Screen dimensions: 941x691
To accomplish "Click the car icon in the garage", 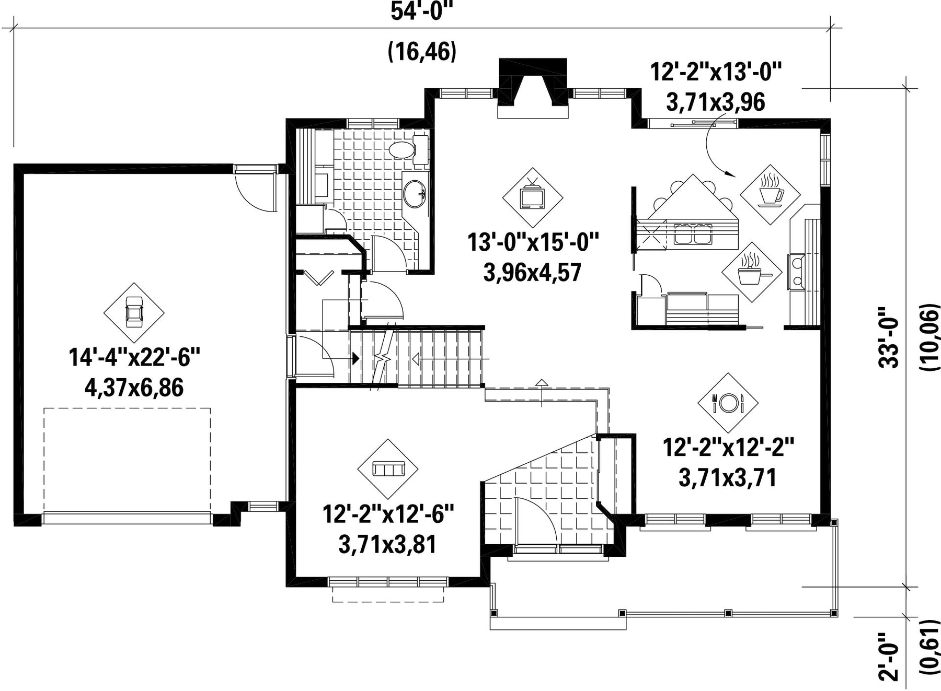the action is click(x=134, y=312).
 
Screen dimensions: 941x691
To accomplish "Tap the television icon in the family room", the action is click(x=533, y=196).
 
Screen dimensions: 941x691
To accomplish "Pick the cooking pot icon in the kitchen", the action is click(x=751, y=272).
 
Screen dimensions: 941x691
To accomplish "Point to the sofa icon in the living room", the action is click(x=387, y=469).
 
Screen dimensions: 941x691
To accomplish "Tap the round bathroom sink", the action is click(x=415, y=194).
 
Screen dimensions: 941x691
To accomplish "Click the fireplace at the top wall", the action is click(x=533, y=88).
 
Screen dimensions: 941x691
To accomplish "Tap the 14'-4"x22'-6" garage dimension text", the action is click(x=134, y=358).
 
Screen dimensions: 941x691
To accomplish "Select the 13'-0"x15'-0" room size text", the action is click(x=533, y=242).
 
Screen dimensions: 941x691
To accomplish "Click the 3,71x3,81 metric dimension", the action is click(x=387, y=545).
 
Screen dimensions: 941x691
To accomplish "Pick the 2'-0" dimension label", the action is click(x=888, y=656).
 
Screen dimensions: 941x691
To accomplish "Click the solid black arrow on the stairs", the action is click(x=355, y=359).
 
